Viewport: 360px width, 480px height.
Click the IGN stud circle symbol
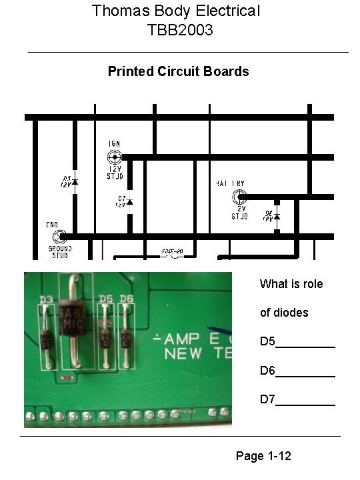tap(115, 157)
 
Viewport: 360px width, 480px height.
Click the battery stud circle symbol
tap(239, 197)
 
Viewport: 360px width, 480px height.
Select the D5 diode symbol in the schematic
tap(75, 181)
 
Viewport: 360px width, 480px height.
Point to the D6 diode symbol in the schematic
tap(277, 217)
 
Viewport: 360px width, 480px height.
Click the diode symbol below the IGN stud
tap(130, 201)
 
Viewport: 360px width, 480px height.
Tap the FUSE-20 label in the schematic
tap(172, 252)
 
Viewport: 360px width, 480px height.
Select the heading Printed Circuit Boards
tap(178, 71)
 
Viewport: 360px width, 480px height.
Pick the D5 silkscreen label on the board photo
tap(105, 298)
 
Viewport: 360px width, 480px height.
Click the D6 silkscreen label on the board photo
tap(127, 298)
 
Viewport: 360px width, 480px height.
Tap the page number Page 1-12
tap(263, 457)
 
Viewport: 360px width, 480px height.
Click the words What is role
tap(291, 284)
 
